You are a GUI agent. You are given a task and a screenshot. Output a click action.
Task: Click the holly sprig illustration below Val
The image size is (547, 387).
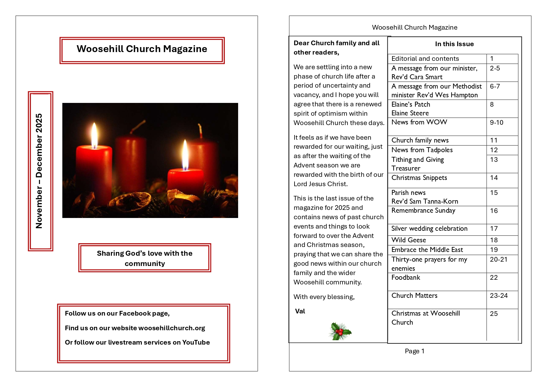(x=340, y=331)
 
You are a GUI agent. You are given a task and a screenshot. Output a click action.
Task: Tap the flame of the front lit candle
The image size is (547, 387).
(x=185, y=155)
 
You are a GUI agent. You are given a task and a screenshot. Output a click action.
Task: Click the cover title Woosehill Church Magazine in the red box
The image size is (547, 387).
(x=142, y=49)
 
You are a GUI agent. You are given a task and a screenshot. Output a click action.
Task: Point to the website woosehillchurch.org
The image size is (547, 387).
(x=171, y=328)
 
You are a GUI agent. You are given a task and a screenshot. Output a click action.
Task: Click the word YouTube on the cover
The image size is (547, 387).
(x=196, y=342)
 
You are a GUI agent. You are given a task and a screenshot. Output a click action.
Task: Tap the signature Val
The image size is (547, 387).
(x=300, y=311)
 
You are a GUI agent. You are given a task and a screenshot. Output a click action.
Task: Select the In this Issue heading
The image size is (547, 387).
(x=454, y=44)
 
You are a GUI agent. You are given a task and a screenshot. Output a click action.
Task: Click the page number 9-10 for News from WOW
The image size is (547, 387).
(x=497, y=123)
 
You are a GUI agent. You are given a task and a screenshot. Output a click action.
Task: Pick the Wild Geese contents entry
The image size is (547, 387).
(x=409, y=240)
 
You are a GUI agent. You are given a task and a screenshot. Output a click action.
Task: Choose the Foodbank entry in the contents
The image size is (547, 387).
(x=405, y=278)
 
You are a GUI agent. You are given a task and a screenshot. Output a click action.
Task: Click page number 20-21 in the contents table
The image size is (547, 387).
(x=498, y=259)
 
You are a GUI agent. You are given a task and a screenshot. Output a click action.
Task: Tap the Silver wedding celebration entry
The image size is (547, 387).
(x=429, y=229)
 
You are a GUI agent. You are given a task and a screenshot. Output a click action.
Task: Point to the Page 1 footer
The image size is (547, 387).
(x=414, y=351)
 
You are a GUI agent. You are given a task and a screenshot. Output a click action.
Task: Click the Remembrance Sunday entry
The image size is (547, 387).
(x=423, y=210)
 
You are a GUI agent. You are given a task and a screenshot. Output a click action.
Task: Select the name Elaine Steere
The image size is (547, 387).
(x=410, y=113)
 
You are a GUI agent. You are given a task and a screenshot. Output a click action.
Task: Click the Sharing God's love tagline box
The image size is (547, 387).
(x=145, y=258)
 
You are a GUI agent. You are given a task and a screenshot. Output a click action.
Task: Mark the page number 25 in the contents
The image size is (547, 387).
(x=494, y=314)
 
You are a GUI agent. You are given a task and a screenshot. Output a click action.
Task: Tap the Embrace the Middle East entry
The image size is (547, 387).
(x=427, y=250)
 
